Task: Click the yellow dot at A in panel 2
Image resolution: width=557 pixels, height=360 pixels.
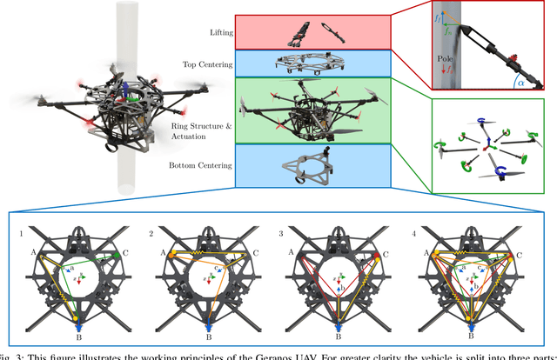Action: click(x=171, y=255)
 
